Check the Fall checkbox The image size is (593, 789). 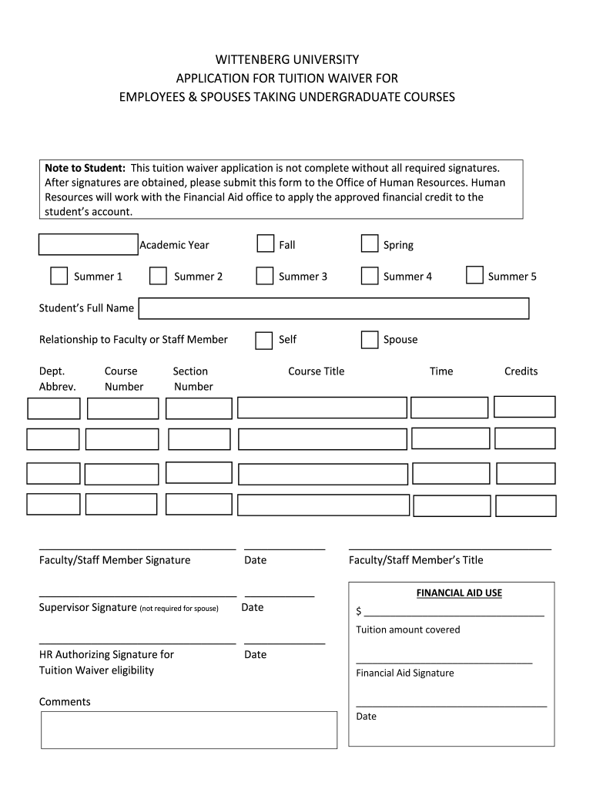point(265,244)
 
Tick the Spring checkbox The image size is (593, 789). point(370,244)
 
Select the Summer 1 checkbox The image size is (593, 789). point(59,276)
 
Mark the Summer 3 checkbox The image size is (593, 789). point(265,276)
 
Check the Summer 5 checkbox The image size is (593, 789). point(475,275)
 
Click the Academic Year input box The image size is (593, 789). point(88,244)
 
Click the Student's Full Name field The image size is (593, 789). point(333,308)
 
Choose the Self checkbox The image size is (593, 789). point(264,340)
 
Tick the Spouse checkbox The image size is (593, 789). point(370,340)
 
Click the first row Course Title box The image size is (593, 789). point(322,408)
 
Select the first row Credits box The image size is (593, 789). point(524,407)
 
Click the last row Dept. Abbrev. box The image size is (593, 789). point(53,504)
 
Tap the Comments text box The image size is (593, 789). point(189,730)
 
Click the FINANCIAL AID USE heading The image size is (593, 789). point(459,593)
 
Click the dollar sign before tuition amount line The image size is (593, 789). point(359,612)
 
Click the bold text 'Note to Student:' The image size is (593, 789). point(85,168)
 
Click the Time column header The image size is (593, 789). point(441,371)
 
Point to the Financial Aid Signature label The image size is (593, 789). point(405,673)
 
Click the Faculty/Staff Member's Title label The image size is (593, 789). point(416,560)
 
